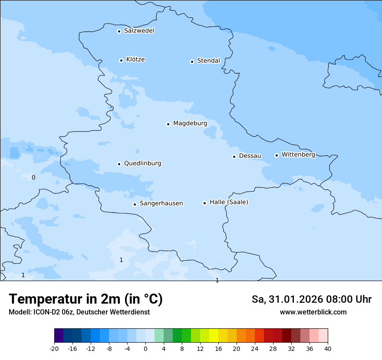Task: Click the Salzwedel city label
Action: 139,31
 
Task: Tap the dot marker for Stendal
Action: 192,62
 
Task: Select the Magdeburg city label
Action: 190,124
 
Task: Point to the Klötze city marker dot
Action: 121,60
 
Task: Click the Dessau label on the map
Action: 250,156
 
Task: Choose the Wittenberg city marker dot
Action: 277,155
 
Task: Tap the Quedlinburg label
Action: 142,164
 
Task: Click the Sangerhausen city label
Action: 161,203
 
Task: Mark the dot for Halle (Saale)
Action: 204,203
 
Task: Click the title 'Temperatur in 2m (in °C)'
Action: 86,299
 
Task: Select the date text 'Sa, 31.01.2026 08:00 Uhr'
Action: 312,300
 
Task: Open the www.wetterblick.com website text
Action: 313,312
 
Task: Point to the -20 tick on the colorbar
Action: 54,348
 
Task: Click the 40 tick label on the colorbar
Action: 328,348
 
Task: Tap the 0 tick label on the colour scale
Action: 145,348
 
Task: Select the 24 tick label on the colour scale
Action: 255,348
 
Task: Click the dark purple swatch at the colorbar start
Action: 59,336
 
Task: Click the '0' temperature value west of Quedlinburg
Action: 33,177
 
